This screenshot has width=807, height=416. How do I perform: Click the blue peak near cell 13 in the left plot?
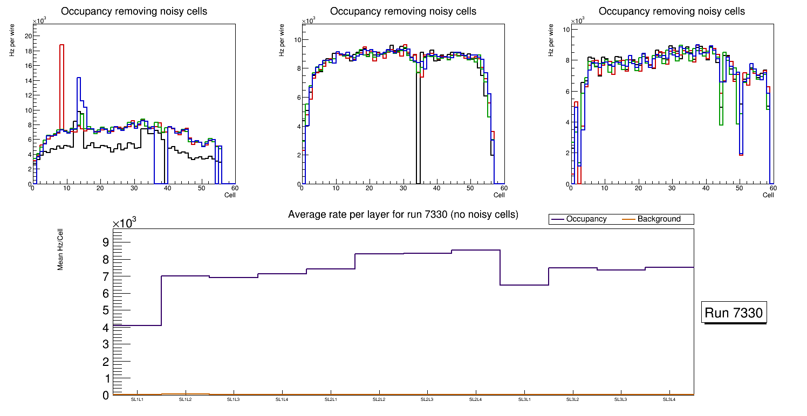(x=79, y=79)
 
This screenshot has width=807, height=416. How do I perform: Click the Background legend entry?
(x=658, y=219)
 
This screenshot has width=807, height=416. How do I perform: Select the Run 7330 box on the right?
(x=735, y=313)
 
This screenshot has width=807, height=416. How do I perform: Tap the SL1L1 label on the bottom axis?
(x=137, y=400)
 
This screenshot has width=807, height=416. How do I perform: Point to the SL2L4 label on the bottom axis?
(x=475, y=400)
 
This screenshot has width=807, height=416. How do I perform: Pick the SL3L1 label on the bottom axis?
(x=524, y=400)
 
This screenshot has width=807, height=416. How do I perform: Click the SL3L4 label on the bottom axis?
(x=669, y=400)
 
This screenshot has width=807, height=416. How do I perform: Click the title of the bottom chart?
(x=403, y=214)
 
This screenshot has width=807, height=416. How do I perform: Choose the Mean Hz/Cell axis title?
(x=61, y=249)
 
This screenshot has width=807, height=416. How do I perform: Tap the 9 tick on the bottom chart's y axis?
(x=106, y=242)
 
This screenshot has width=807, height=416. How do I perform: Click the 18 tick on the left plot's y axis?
(x=28, y=51)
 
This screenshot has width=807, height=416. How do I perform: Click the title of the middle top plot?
(x=403, y=11)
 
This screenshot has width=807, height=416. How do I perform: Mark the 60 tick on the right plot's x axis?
(x=772, y=189)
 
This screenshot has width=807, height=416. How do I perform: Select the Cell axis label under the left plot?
(x=230, y=195)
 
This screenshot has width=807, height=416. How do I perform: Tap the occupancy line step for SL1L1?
(x=137, y=325)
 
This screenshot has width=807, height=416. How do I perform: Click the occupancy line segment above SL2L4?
(x=475, y=250)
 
